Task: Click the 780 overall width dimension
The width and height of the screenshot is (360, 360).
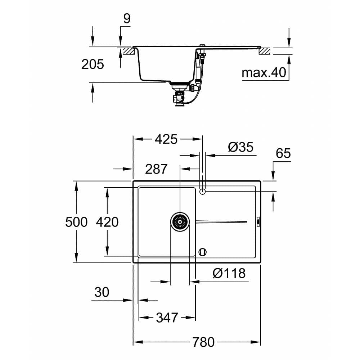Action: (204, 342)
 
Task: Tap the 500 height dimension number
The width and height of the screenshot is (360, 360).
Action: (76, 222)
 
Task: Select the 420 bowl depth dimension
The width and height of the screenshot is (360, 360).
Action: (107, 222)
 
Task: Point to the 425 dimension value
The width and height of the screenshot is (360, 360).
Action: (166, 139)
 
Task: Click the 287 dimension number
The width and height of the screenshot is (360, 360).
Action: (156, 169)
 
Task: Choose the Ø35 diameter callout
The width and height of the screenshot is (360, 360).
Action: (241, 147)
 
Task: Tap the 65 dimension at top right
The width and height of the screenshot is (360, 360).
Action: (283, 153)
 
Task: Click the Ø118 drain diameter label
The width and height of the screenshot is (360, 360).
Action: (229, 273)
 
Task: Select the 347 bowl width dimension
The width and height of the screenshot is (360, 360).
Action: (167, 318)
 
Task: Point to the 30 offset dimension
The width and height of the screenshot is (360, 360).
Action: (102, 292)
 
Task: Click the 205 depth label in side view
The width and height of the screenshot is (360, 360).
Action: (93, 64)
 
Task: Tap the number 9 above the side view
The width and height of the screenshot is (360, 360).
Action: (127, 19)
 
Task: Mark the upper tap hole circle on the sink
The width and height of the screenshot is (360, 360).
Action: (202, 192)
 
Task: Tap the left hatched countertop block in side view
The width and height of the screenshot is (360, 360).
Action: (128, 51)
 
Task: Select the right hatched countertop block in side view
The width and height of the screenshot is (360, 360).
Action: (265, 51)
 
